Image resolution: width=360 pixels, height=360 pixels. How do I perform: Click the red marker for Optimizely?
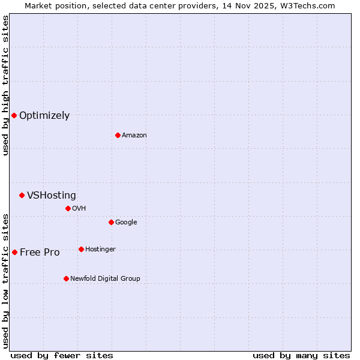tap(14, 115)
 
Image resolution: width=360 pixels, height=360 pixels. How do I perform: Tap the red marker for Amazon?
tap(118, 135)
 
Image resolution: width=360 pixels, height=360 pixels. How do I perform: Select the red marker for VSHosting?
tap(22, 195)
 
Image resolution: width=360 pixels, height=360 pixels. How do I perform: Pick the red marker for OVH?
tap(68, 208)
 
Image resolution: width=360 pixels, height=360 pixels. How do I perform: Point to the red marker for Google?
tap(111, 222)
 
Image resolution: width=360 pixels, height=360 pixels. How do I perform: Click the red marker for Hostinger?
tap(81, 249)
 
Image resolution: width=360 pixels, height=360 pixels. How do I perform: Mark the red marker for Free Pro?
tap(14, 252)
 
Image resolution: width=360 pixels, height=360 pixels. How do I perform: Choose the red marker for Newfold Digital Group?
tap(66, 278)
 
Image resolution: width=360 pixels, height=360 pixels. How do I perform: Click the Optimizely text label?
tap(44, 116)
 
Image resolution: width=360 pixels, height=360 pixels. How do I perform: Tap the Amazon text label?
tap(134, 136)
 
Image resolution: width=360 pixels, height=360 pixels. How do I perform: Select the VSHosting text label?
tap(52, 196)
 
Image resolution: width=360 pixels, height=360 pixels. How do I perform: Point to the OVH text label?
tap(79, 209)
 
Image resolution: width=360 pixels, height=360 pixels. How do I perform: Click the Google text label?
tap(126, 223)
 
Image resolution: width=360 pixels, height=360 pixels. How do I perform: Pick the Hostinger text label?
tap(100, 250)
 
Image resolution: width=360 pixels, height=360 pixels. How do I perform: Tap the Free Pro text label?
tap(40, 253)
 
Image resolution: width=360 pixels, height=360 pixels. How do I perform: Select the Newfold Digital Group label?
tap(105, 279)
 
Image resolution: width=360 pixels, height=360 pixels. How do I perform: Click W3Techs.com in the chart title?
tap(310, 5)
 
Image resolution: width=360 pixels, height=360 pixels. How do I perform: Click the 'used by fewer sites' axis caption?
tap(62, 355)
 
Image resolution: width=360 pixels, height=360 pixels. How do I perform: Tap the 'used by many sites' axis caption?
tap(301, 355)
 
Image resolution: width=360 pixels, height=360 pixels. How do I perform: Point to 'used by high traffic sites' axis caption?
tap(5, 85)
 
